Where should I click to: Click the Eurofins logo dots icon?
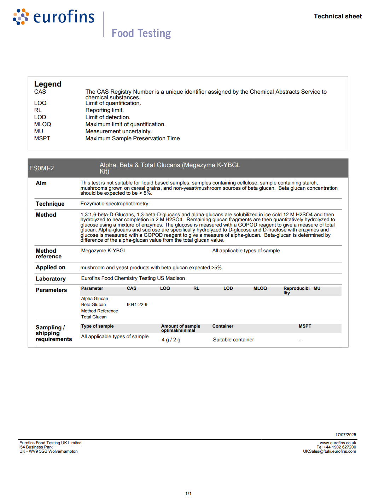point(21,17)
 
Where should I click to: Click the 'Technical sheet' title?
point(338,16)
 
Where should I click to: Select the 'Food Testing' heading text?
point(141,33)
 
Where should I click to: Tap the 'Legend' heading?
point(48,84)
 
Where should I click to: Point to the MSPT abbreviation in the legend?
point(42,139)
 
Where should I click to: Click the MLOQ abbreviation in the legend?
point(43,124)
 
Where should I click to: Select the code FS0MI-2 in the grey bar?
point(42,168)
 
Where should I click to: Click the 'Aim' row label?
point(41,183)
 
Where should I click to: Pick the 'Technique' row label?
point(50,204)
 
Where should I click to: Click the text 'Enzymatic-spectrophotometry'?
point(114,204)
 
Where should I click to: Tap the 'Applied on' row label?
point(50,268)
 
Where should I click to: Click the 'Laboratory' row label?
point(51,279)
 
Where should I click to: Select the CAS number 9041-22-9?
point(137,305)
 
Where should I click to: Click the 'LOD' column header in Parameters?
point(228,288)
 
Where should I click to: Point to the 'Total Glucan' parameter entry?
point(94,317)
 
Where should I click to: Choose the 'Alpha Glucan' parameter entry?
point(94,299)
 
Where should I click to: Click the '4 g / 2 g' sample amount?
point(171,340)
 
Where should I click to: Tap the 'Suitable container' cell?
point(233,340)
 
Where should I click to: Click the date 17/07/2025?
point(345,435)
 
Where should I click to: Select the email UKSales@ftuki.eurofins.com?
point(329,452)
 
